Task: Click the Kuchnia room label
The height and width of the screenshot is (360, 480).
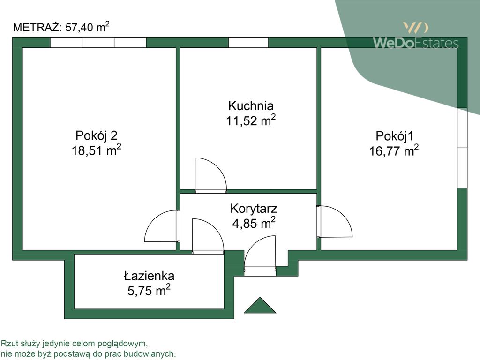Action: pos(250,105)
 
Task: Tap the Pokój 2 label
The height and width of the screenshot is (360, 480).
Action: pos(96,136)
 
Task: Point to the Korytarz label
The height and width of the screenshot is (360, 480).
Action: pos(254,208)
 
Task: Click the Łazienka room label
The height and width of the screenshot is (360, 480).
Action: pos(149,276)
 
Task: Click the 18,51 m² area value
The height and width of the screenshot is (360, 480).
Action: pos(96,151)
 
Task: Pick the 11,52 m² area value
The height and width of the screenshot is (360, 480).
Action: pos(250,121)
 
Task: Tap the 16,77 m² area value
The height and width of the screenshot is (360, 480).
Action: pos(393,151)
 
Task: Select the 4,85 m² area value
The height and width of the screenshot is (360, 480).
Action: pos(254,223)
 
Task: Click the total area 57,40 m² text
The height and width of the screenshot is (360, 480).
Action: pos(87,27)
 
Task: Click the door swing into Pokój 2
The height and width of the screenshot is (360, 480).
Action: pos(161,226)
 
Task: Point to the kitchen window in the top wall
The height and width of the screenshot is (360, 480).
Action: pos(248,43)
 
